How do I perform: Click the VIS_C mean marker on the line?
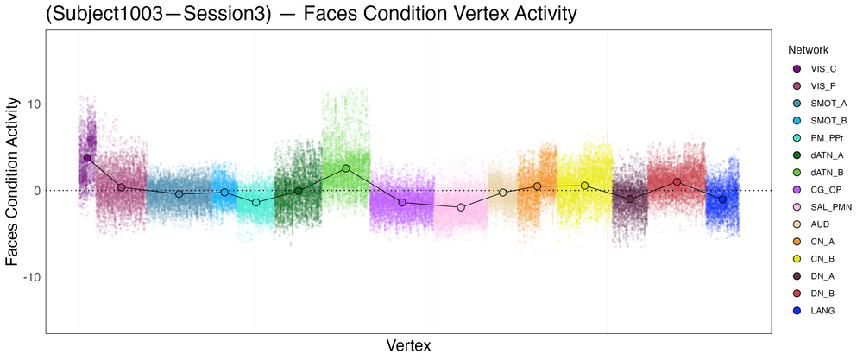coord(87,158)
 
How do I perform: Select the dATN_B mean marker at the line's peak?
coord(346,168)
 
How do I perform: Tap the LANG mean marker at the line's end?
coord(722,199)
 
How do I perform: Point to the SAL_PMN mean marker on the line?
coord(461,207)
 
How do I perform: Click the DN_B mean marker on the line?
coord(677,182)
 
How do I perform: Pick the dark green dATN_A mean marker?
coord(299,191)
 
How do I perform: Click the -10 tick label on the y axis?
coord(28,277)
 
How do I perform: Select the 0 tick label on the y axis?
coord(35,191)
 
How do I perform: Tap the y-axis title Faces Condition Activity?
coord(13,181)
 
